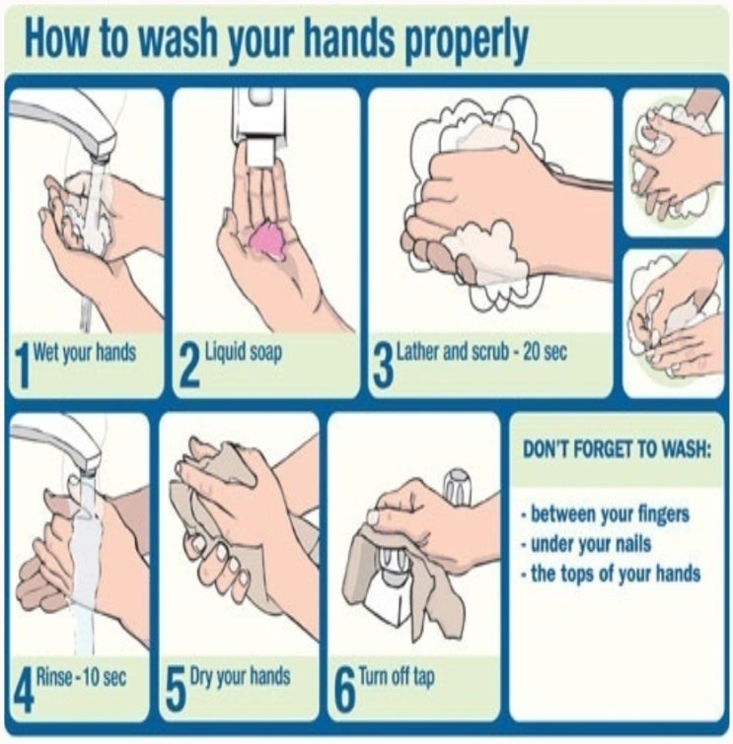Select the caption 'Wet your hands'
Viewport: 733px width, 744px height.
pyautogui.click(x=85, y=353)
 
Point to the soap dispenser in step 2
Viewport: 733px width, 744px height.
pyautogui.click(x=258, y=127)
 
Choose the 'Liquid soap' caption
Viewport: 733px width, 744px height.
pyautogui.click(x=244, y=353)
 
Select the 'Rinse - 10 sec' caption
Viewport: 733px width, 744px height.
pyautogui.click(x=81, y=677)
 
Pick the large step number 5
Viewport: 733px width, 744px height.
pyautogui.click(x=175, y=691)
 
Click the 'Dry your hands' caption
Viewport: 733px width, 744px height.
pyautogui.click(x=240, y=677)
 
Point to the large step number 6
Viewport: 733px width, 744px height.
pyautogui.click(x=345, y=691)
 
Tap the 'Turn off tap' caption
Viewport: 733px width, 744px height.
pyautogui.click(x=397, y=677)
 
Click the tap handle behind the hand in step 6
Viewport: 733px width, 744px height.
pyautogui.click(x=457, y=487)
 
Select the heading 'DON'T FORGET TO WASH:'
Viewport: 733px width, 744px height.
pyautogui.click(x=618, y=449)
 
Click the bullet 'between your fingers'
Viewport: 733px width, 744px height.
pyautogui.click(x=605, y=513)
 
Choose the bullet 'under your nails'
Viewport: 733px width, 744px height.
pyautogui.click(x=586, y=544)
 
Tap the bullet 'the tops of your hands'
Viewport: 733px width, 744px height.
pyautogui.click(x=611, y=574)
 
